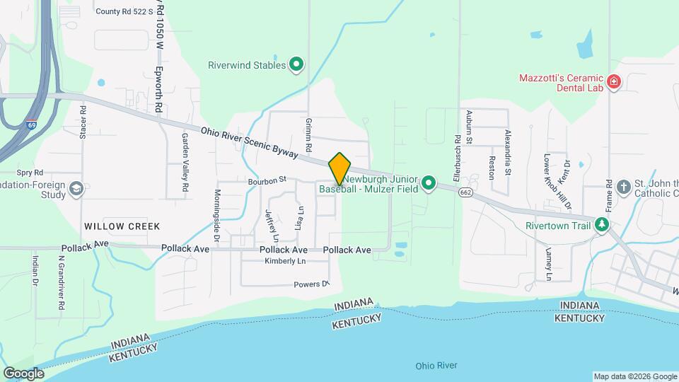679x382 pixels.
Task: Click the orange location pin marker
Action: tap(339, 168)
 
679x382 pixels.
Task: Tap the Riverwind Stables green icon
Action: tap(297, 65)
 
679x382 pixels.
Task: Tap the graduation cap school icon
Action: tap(76, 188)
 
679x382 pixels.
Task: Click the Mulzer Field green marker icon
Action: tap(428, 185)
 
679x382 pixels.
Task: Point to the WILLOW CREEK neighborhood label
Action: tap(122, 226)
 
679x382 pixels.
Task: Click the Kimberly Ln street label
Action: tap(284, 262)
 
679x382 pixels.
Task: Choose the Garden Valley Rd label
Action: tap(185, 162)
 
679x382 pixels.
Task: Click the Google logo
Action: tap(24, 373)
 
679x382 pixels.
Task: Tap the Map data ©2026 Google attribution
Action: tap(634, 376)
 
